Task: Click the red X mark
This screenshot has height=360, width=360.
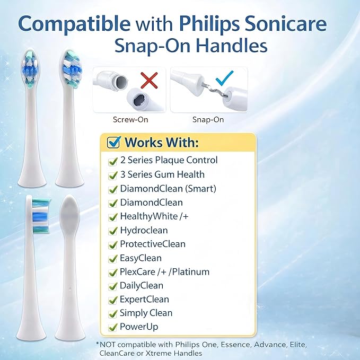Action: (x=150, y=81)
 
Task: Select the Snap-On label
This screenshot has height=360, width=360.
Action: (x=208, y=120)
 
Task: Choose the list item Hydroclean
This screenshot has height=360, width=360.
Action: (x=143, y=230)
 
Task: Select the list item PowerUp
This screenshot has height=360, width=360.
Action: (x=138, y=327)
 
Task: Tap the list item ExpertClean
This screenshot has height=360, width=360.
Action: (x=144, y=299)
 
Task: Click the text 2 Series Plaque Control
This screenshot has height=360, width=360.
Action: (x=169, y=160)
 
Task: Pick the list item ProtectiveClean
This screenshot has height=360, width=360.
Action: (x=153, y=244)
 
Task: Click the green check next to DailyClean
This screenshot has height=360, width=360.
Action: (x=112, y=286)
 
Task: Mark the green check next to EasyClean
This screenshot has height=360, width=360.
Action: (x=112, y=258)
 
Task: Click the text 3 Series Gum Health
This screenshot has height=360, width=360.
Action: (x=162, y=174)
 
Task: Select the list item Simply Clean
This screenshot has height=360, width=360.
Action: (x=146, y=313)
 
